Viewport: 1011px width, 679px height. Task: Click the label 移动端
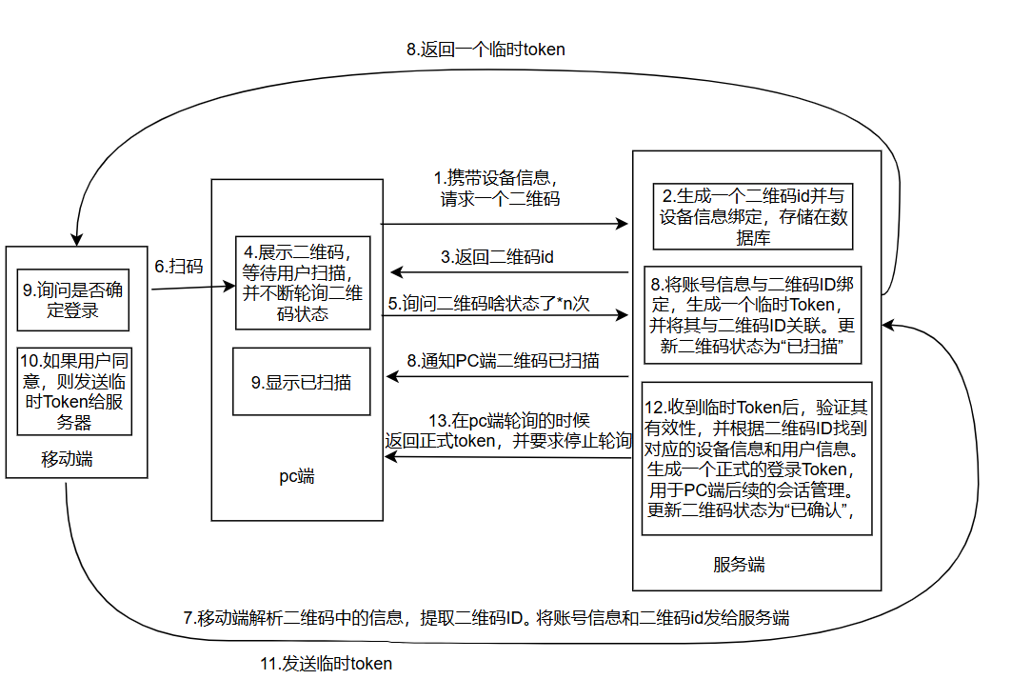68,459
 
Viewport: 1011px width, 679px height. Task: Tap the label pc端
297,476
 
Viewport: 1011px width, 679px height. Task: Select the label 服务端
739,565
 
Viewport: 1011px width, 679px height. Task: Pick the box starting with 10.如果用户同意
74,390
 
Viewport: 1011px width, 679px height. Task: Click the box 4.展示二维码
303,283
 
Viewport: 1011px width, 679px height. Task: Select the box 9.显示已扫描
302,381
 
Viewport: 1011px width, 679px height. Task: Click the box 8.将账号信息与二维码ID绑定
752,314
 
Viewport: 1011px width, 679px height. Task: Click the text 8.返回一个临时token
486,50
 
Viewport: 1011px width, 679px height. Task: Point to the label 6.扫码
179,267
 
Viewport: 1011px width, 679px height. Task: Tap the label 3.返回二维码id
498,256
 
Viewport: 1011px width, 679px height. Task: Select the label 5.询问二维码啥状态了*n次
488,304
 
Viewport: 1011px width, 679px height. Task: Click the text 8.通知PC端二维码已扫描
503,360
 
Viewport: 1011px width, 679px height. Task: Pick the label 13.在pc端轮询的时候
508,430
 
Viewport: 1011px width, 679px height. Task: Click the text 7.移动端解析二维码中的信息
486,617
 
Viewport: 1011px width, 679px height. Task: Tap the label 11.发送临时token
326,664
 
